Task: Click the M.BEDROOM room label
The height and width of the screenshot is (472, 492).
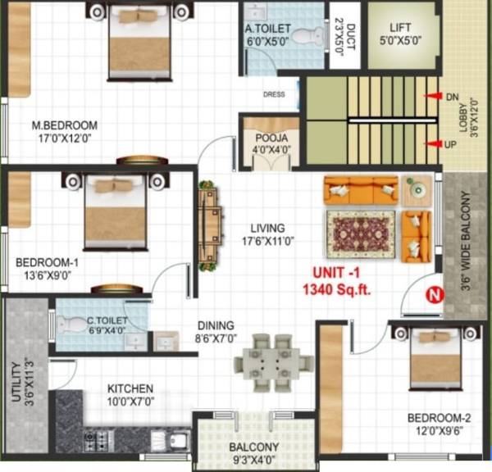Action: pyautogui.click(x=64, y=125)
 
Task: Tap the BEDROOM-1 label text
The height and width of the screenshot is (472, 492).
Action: pyautogui.click(x=47, y=262)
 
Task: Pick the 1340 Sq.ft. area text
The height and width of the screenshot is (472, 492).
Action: pyautogui.click(x=336, y=288)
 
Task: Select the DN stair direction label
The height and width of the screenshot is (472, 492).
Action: pyautogui.click(x=452, y=97)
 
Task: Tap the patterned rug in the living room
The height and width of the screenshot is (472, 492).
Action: pyautogui.click(x=361, y=230)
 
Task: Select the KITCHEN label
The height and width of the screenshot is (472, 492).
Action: pyautogui.click(x=130, y=388)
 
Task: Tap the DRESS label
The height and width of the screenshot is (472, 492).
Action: pyautogui.click(x=274, y=94)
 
